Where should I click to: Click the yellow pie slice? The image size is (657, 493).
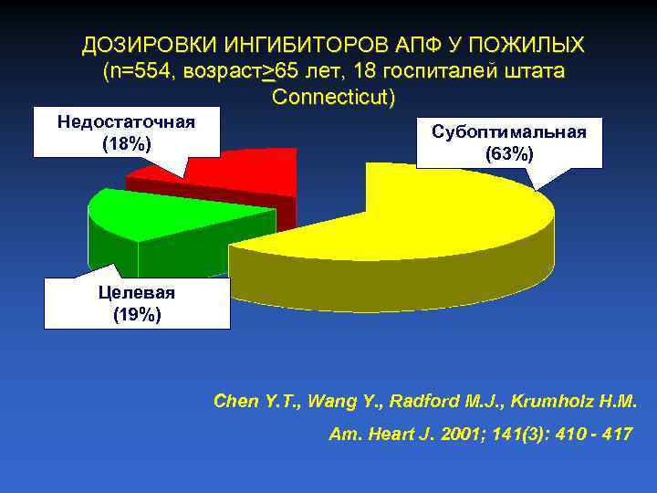coord(429,228)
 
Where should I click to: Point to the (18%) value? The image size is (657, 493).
coord(127,144)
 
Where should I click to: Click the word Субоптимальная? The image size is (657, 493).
coord(509,131)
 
